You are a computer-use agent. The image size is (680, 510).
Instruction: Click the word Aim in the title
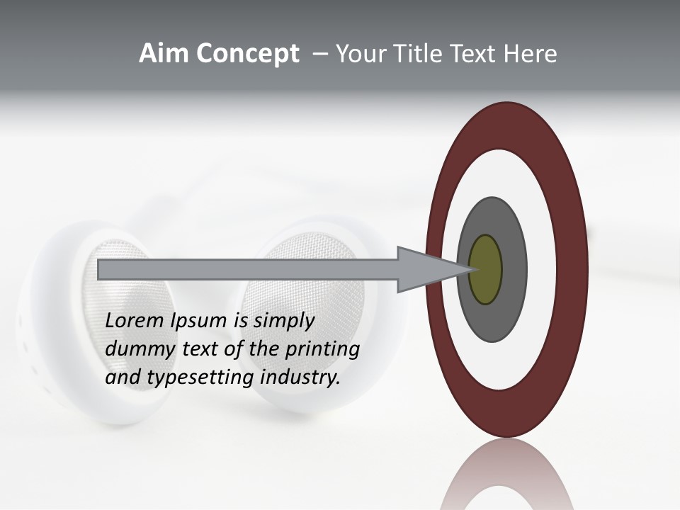click(164, 54)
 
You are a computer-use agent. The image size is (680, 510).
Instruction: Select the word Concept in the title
click(247, 54)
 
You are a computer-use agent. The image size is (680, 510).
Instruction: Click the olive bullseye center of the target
click(485, 270)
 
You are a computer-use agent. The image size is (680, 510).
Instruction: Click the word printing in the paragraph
click(322, 349)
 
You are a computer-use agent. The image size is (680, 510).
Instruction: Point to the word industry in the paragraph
click(300, 378)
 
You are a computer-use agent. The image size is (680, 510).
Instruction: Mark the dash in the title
click(319, 54)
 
